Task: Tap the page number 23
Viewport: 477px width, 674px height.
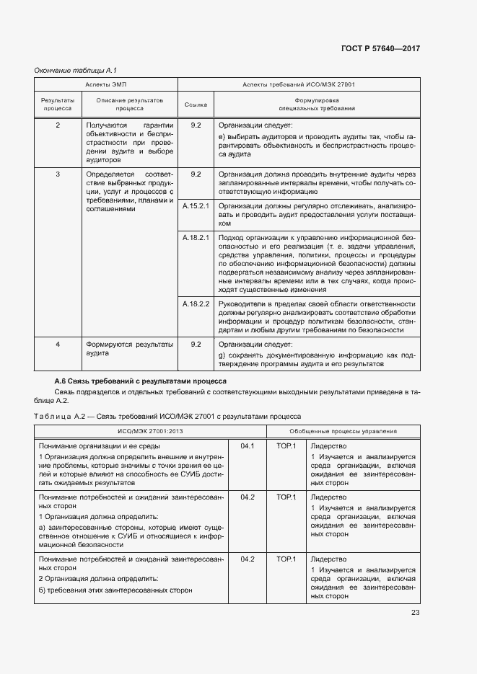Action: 415,613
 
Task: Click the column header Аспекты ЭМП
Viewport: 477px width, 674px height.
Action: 106,84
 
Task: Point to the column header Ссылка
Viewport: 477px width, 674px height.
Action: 195,105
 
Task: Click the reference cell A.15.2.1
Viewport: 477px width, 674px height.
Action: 195,206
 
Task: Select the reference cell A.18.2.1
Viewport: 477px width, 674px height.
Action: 195,237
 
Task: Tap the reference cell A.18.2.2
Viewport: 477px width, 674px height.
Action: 195,304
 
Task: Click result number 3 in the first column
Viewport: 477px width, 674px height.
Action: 58,174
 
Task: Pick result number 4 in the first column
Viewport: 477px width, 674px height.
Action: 58,345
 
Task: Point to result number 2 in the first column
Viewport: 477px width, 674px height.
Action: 58,125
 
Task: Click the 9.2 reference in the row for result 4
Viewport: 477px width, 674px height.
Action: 195,345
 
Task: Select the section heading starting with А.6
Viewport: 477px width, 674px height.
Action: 141,380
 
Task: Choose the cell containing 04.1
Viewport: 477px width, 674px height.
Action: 248,447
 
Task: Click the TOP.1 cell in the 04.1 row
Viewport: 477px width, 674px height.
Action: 286,447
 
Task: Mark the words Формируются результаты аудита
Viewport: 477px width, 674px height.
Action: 129,349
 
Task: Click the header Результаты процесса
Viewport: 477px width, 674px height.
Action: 58,105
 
